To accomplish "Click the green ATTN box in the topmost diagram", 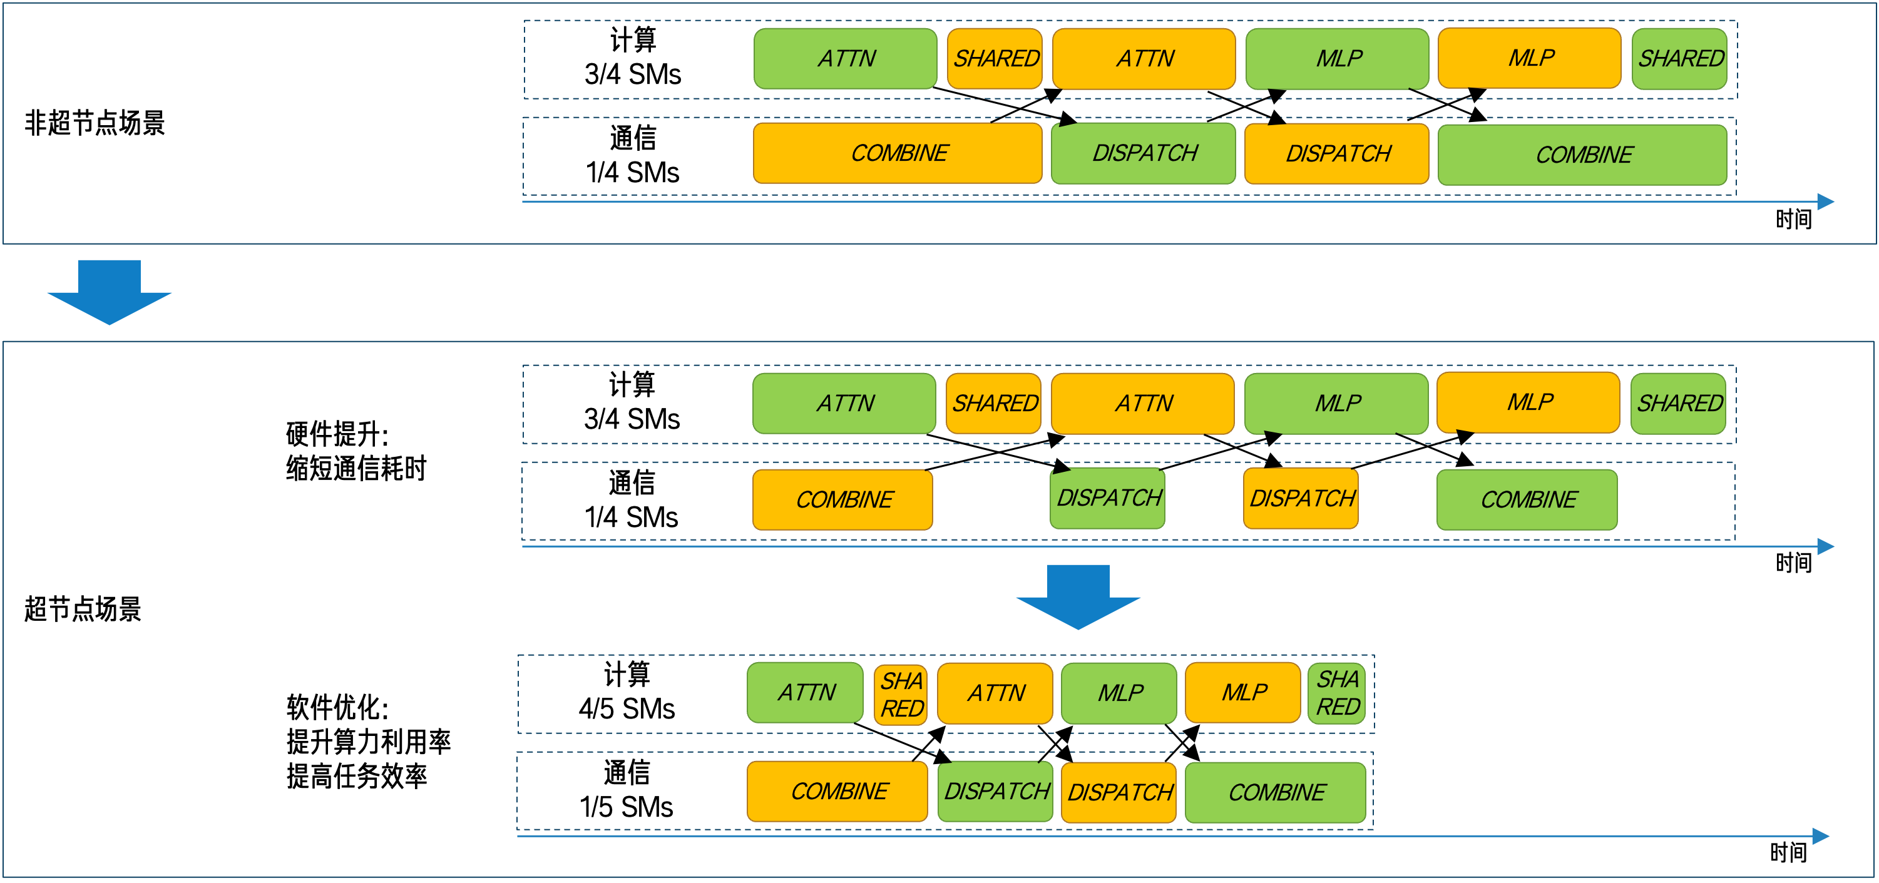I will pos(845,58).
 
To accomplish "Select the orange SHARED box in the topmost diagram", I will pos(995,58).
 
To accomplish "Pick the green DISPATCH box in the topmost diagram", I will pos(1143,153).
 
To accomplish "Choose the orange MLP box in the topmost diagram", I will pos(1529,58).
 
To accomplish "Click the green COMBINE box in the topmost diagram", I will pos(1582,155).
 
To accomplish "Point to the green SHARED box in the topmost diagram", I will pos(1679,58).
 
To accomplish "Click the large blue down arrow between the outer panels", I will pos(110,292).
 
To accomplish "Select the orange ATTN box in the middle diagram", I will pos(1142,403).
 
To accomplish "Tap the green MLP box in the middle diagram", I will pos(1336,403).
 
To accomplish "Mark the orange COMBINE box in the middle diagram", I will pos(842,499).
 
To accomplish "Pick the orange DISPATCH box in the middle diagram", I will pos(1301,498).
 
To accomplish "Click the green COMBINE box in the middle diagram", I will pos(1527,499).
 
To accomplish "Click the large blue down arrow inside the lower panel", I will pos(1078,596).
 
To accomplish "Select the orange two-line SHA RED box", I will pos(901,694).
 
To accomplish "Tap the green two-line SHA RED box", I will pos(1336,693).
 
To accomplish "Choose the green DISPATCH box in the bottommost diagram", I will pos(995,791).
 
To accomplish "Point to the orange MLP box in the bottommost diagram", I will pos(1242,692).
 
